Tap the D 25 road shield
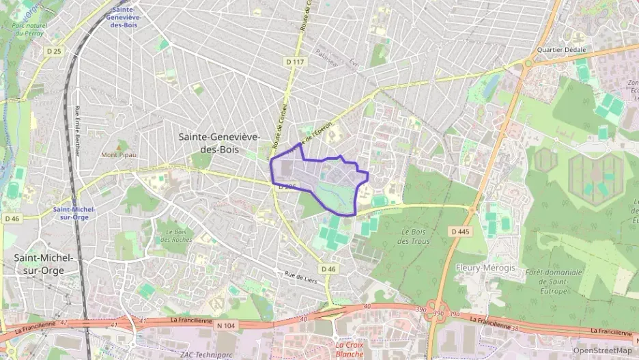(x=54, y=51)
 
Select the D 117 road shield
(x=295, y=61)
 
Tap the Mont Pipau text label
(x=119, y=154)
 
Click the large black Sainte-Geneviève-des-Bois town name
(x=219, y=143)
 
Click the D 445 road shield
(x=461, y=232)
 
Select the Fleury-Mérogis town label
(x=485, y=268)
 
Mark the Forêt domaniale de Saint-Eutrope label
(x=554, y=281)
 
